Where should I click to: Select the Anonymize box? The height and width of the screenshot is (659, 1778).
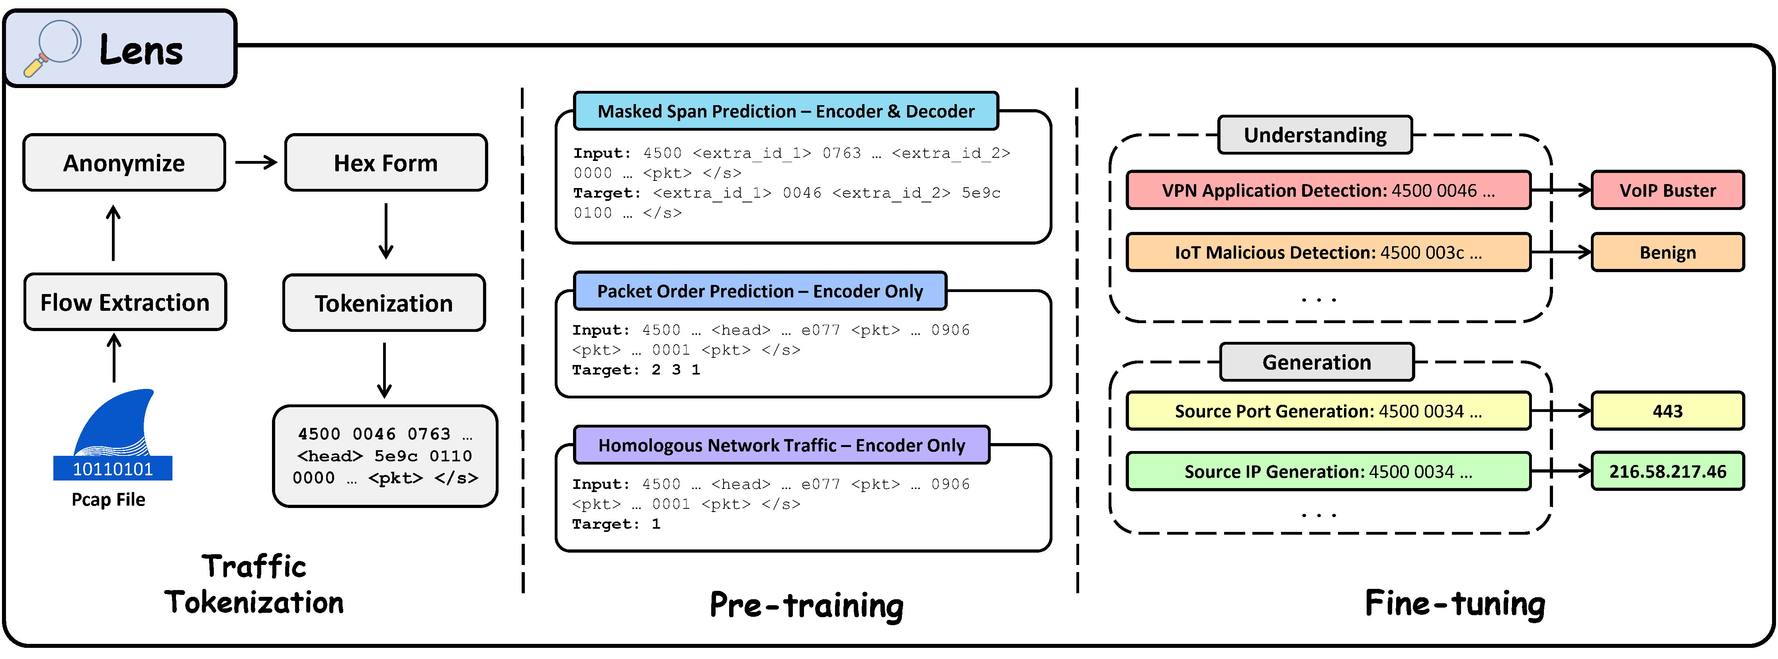tap(124, 163)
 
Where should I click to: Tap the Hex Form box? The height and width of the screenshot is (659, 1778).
tap(386, 163)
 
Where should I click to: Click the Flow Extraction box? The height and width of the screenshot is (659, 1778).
tap(125, 302)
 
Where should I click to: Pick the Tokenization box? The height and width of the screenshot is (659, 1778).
tap(384, 303)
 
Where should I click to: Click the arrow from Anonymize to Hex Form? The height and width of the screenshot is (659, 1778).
tap(255, 163)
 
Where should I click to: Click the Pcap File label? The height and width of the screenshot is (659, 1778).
tap(108, 500)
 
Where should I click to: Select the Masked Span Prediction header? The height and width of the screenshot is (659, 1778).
tap(786, 111)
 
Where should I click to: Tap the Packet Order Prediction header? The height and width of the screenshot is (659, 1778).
tap(759, 291)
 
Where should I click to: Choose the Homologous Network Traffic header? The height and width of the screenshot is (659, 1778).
tap(781, 445)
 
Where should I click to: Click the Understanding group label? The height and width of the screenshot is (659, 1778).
tap(1315, 135)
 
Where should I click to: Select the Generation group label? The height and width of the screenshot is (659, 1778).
tap(1316, 362)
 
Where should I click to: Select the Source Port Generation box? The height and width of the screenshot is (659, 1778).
tap(1328, 411)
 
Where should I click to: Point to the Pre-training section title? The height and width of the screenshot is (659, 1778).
tap(806, 605)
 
